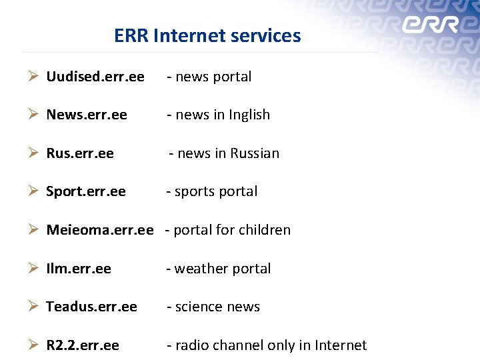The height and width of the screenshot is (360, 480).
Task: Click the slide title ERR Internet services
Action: [x=207, y=35]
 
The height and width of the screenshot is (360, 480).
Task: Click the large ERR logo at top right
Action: [x=430, y=25]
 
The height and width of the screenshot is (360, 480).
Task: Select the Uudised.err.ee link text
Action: [x=95, y=77]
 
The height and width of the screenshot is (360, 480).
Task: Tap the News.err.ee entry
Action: [x=87, y=115]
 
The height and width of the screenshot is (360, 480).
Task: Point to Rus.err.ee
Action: [x=80, y=153]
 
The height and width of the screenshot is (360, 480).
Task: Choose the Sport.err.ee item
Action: [x=86, y=191]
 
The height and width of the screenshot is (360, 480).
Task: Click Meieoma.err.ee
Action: [x=100, y=230]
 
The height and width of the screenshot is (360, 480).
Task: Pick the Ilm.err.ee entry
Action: [x=79, y=269]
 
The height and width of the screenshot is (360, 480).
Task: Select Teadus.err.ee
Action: [x=91, y=307]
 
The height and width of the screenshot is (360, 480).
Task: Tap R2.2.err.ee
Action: [x=83, y=345]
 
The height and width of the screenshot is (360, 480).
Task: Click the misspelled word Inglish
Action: [x=249, y=115]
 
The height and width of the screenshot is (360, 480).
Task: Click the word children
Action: [x=266, y=230]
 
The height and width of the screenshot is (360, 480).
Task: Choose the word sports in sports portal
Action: [x=194, y=192]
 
